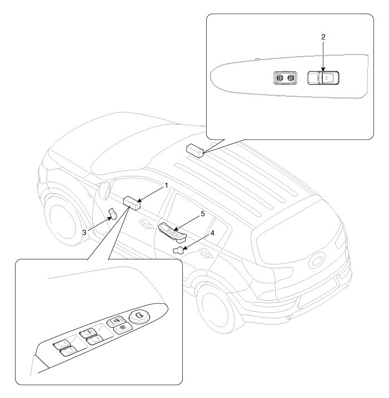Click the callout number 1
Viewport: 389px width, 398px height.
click(167, 185)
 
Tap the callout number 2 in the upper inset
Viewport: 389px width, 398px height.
click(323, 37)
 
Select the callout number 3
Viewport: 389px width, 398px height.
click(84, 232)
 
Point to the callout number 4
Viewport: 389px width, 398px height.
click(212, 233)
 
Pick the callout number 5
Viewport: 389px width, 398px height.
click(203, 214)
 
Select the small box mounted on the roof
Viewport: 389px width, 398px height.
click(195, 151)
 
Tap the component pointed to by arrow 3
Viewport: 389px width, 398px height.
click(113, 213)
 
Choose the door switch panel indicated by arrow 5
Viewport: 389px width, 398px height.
click(172, 231)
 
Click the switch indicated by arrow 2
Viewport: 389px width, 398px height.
click(323, 78)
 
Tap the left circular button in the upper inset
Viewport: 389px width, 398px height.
click(280, 78)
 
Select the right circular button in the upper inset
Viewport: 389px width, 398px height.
click(291, 78)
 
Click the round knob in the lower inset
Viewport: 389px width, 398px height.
click(139, 316)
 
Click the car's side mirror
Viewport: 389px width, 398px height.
click(104, 190)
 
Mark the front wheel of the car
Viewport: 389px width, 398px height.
click(63, 223)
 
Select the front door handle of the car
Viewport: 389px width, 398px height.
click(145, 223)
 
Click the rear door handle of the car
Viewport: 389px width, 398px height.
click(206, 253)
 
